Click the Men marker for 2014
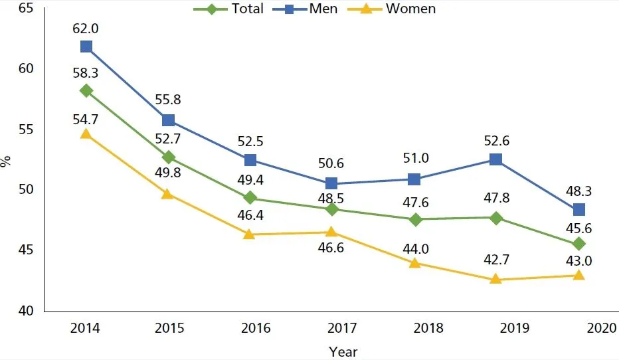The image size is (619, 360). pyautogui.click(x=86, y=46)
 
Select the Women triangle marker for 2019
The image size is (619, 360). pyautogui.click(x=496, y=279)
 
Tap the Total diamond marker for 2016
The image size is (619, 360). pyautogui.click(x=250, y=197)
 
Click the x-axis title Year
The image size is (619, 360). pyautogui.click(x=343, y=351)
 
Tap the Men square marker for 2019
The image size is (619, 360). pyautogui.click(x=496, y=159)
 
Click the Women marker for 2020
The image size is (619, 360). pyautogui.click(x=578, y=275)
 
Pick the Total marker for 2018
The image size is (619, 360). pyautogui.click(x=414, y=219)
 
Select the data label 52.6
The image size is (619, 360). pyautogui.click(x=496, y=140)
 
